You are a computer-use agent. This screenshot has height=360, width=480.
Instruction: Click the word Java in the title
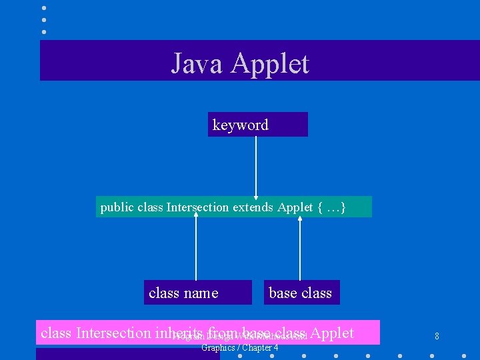tap(197, 63)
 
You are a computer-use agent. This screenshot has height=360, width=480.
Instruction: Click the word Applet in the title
tap(271, 64)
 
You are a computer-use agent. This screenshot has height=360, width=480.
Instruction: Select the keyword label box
tap(257, 125)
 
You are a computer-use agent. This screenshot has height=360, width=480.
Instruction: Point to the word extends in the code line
tap(253, 207)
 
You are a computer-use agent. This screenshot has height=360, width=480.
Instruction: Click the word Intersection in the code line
tap(197, 207)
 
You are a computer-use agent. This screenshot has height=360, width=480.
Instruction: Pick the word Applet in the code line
tap(295, 207)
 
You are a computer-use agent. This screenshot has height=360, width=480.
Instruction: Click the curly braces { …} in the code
tap(332, 207)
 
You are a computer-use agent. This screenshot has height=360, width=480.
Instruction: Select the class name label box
tap(197, 293)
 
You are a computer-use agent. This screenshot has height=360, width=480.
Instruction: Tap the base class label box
tap(301, 293)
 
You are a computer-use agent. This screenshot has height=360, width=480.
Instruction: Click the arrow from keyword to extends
tap(255, 167)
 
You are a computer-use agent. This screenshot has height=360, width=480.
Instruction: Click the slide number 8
tap(437, 336)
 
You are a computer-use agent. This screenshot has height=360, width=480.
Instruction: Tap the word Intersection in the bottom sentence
tap(113, 332)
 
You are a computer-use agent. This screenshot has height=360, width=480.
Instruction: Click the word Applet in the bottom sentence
tap(332, 332)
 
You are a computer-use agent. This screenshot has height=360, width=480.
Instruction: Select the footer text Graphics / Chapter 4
tap(240, 348)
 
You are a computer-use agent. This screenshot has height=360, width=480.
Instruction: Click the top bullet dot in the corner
tap(44, 7)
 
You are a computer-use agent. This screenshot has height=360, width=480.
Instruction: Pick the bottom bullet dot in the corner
tap(44, 31)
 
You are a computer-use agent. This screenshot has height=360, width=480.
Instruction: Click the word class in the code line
tap(150, 207)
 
